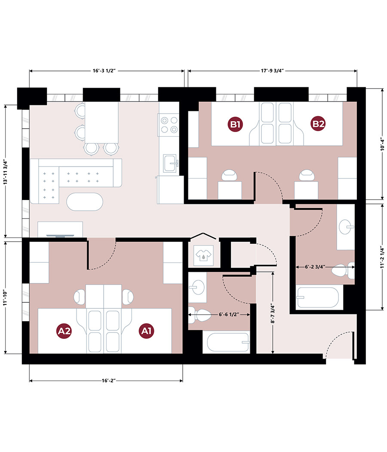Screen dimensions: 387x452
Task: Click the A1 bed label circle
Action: pos(146,331)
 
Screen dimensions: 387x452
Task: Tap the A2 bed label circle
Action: pos(64,331)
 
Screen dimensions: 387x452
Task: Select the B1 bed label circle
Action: pos(235,124)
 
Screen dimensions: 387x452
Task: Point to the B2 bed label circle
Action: pos(318,124)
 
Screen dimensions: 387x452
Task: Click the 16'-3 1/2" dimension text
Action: pos(104,71)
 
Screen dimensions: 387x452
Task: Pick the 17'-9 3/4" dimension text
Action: pos(272,71)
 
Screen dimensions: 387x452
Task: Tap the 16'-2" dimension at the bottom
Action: pos(109,381)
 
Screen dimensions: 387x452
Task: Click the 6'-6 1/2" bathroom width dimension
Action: pos(229,314)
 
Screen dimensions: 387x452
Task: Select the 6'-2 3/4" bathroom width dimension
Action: pos(315,267)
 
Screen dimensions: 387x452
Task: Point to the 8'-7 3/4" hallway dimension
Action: pos(273,313)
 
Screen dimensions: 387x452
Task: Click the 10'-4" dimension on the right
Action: pos(382,144)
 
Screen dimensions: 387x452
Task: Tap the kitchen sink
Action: pos(170,163)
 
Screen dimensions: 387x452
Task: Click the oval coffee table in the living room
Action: pos(85,202)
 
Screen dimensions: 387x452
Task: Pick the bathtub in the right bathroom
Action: pos(318,297)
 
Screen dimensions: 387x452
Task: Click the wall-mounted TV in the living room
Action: pos(60,236)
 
